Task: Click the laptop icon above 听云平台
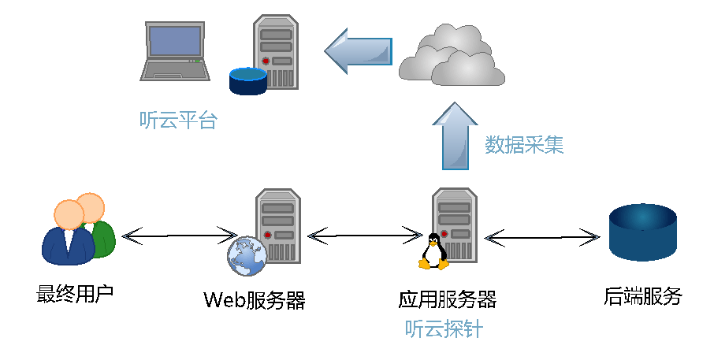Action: coord(175,51)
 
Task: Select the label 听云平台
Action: coord(178,121)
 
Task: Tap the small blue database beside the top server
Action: coord(247,80)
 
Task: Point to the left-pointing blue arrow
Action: coord(359,51)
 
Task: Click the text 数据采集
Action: coord(524,145)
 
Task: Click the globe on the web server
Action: coord(247,256)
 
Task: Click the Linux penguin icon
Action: coord(433,252)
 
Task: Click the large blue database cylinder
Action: coord(643,232)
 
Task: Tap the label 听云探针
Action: coord(444,328)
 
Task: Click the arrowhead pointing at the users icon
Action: coord(129,236)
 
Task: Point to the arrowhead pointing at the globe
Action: coord(230,235)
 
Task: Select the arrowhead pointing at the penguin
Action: coord(417,236)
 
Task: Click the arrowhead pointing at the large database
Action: coord(593,237)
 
